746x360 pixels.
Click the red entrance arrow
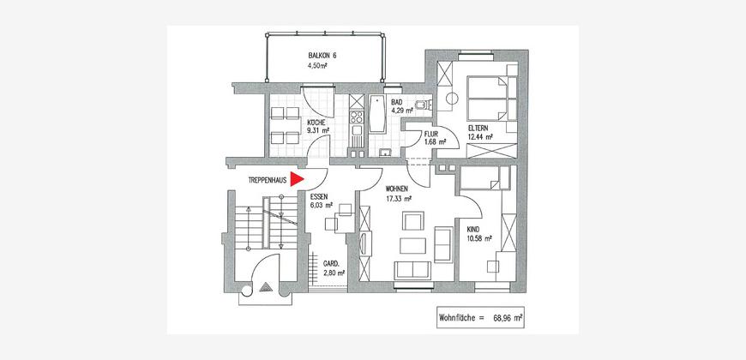[297, 179]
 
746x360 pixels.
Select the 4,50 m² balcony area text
[318, 66]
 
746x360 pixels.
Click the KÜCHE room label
[316, 123]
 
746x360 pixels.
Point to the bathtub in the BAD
[378, 114]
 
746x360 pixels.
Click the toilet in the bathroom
[422, 105]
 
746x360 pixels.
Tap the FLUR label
[431, 134]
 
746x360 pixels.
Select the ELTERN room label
[478, 129]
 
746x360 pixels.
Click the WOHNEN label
[397, 189]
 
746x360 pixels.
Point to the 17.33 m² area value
[399, 198]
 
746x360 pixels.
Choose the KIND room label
[473, 229]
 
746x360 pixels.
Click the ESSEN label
[318, 197]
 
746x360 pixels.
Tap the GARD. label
[331, 263]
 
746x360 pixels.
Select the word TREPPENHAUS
[268, 180]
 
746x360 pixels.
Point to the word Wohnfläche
[456, 317]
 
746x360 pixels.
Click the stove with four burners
[357, 117]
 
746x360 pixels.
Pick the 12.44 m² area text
[479, 137]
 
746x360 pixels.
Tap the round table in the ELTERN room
[452, 99]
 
